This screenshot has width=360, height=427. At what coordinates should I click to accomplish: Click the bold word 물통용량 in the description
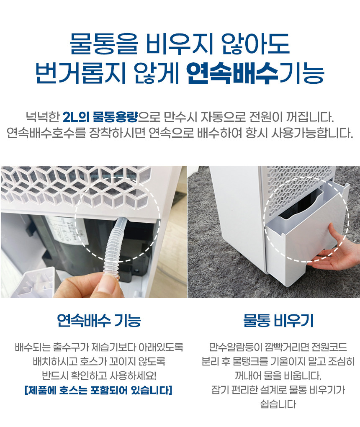[x=115, y=117]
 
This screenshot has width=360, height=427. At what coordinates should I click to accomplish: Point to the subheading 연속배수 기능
[x=99, y=320]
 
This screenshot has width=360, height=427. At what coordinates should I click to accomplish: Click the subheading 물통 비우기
[x=278, y=320]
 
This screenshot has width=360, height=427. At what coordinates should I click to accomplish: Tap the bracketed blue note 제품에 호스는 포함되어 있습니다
[x=98, y=390]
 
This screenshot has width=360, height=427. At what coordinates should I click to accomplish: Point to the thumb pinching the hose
[x=109, y=285]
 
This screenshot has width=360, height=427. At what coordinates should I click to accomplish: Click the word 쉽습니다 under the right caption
[x=278, y=404]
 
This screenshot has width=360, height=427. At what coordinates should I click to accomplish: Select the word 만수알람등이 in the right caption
[x=231, y=347]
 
